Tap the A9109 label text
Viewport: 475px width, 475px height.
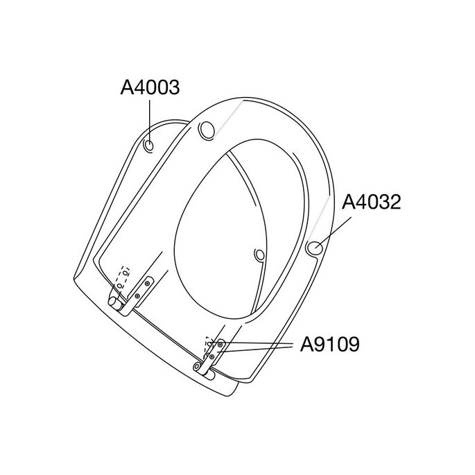(330, 345)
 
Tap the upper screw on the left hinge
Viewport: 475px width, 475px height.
(147, 283)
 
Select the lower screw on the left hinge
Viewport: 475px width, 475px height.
(137, 296)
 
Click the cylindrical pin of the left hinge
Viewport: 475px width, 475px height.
(114, 302)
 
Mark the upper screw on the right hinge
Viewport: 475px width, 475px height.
(221, 344)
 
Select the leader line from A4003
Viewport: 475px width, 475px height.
(150, 118)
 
